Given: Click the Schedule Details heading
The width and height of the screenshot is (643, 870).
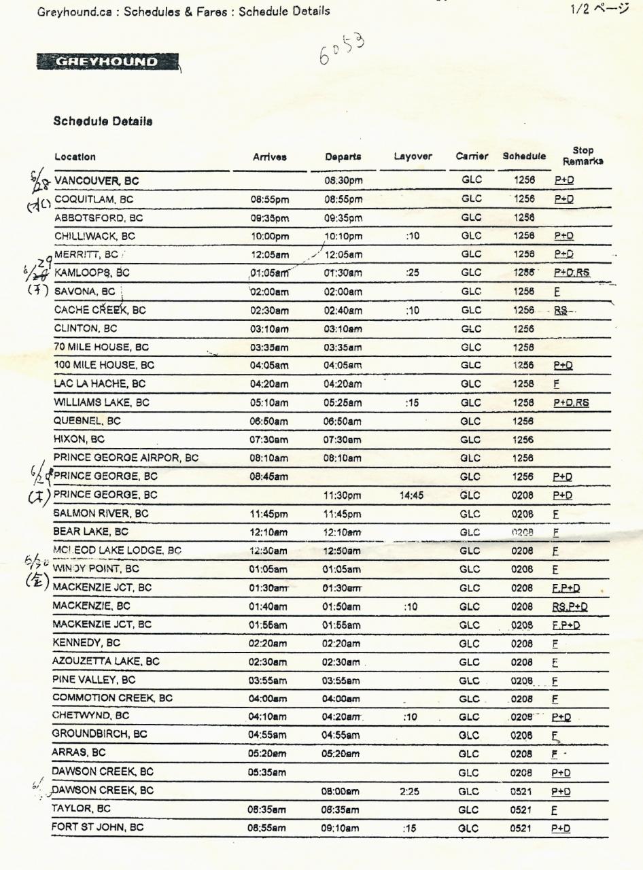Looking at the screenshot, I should coord(103,122).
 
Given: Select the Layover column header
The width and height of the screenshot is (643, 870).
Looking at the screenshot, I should coord(413,156).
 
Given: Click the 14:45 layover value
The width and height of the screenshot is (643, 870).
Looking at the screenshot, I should coord(411,495).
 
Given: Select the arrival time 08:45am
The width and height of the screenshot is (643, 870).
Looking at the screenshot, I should coord(267,476).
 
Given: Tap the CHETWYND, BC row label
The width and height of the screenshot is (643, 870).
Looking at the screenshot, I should coord(92,716).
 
